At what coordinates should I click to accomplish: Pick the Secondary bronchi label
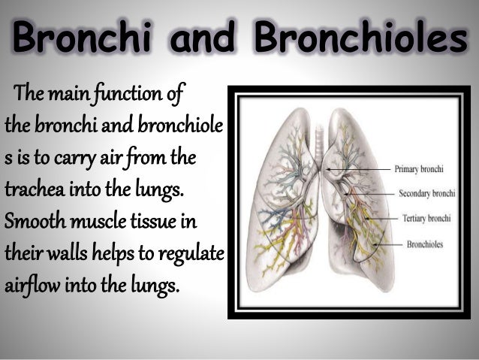426,193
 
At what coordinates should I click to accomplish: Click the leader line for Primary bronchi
364,169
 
